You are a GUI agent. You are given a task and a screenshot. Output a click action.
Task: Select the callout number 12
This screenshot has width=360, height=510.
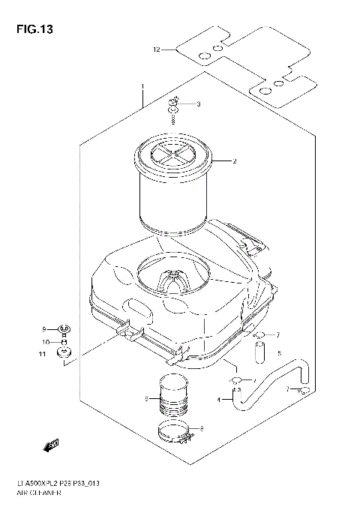click(x=156, y=50)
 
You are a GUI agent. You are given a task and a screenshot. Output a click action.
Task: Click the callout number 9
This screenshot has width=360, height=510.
click(x=44, y=308)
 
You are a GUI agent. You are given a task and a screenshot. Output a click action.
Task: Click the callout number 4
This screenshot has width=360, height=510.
click(x=219, y=400)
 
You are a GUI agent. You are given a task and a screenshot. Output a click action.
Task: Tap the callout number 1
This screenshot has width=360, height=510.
click(x=142, y=96)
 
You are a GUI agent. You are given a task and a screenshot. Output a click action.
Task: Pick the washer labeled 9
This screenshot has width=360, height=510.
click(x=64, y=307)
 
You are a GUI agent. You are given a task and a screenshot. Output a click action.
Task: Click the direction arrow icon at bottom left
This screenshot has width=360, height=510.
click(x=51, y=446)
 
